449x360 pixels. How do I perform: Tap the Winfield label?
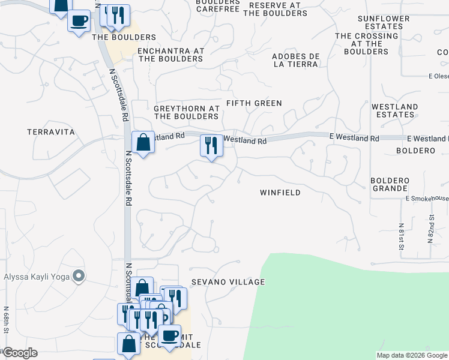pyautogui.click(x=280, y=193)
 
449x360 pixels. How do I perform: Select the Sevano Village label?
pyautogui.click(x=228, y=282)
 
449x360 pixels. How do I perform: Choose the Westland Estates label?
pyautogui.click(x=394, y=111)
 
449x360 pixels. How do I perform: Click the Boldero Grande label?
pyautogui.click(x=390, y=184)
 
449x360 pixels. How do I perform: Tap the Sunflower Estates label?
pyautogui.click(x=384, y=23)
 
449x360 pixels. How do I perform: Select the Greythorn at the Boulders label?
pyautogui.click(x=186, y=112)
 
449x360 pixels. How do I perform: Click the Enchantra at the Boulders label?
pyautogui.click(x=170, y=55)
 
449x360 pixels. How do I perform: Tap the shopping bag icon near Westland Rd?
pyautogui.click(x=143, y=143)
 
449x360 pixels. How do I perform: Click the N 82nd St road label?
pyautogui.click(x=430, y=231)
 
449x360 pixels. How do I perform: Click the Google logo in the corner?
pyautogui.click(x=20, y=353)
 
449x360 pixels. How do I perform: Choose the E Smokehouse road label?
pyautogui.click(x=427, y=199)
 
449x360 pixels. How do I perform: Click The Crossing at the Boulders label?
pyautogui.click(x=367, y=44)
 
